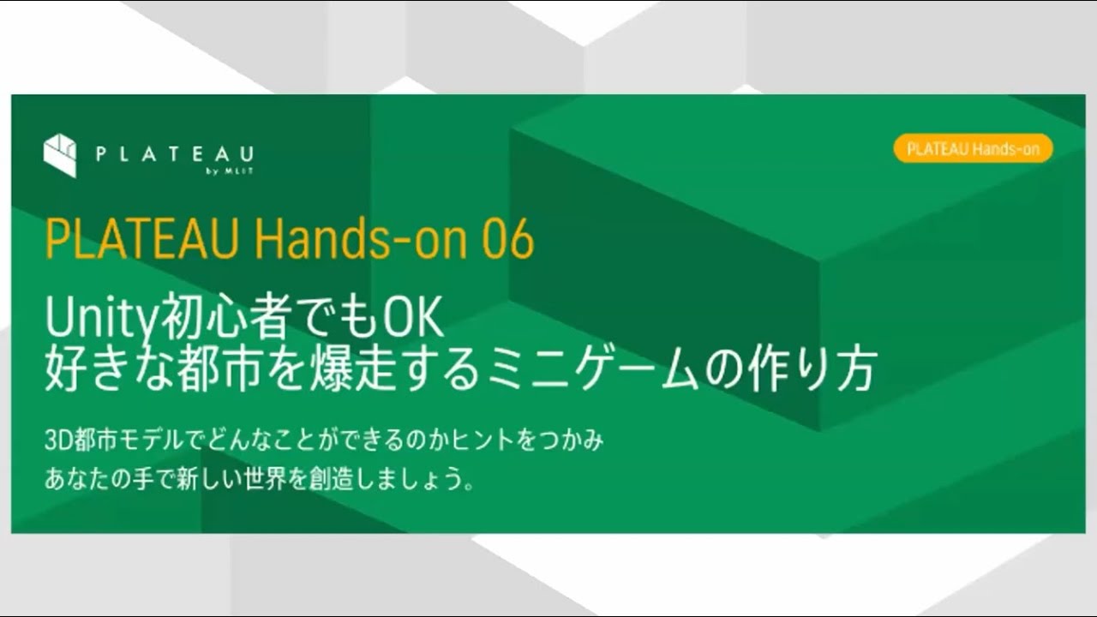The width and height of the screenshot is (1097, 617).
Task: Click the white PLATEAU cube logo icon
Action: (x=60, y=155)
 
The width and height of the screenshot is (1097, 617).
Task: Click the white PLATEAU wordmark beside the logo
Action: (x=175, y=154)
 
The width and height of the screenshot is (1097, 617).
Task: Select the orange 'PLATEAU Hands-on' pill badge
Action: (x=973, y=148)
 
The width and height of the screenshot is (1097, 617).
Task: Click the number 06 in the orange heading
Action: (x=507, y=240)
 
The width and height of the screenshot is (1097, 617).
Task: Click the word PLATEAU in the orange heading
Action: (x=142, y=240)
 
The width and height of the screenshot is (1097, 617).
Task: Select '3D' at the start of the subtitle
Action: (x=57, y=441)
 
